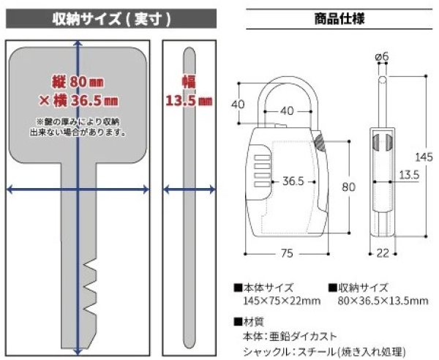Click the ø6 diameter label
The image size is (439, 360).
click(x=382, y=57)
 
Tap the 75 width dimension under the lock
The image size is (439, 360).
click(x=287, y=253)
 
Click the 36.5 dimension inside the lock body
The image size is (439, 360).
click(x=293, y=181)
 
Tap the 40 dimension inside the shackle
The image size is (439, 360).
click(x=286, y=111)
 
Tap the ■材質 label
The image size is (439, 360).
click(x=249, y=320)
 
